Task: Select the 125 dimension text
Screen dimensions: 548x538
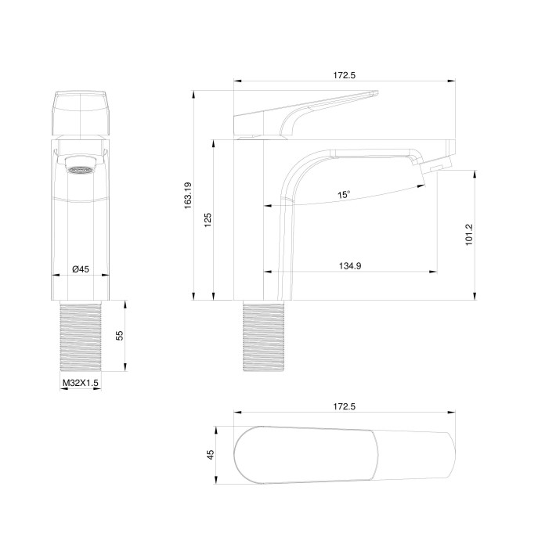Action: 208,218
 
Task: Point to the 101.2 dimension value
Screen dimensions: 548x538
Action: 468,234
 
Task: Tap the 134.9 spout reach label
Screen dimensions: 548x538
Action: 349,266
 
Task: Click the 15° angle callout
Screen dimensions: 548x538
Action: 344,194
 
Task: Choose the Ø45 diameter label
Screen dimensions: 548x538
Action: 80,269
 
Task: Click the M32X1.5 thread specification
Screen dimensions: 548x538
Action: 80,383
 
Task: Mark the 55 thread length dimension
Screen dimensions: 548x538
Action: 120,335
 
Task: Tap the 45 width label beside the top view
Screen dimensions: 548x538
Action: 210,455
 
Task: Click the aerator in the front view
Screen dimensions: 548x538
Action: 81,167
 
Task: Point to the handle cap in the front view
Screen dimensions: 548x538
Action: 81,114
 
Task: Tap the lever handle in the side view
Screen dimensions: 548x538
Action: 305,114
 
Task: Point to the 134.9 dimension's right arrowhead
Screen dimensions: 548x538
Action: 435,272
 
